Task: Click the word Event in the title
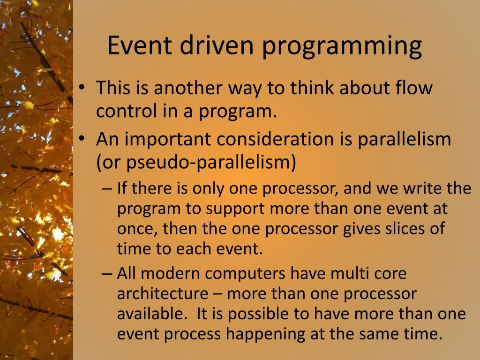(140, 45)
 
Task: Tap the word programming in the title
(342, 47)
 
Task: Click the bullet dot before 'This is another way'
(81, 88)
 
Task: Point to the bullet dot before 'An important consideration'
(81, 139)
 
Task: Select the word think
(312, 87)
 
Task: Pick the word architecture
(163, 293)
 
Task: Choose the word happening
(265, 334)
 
